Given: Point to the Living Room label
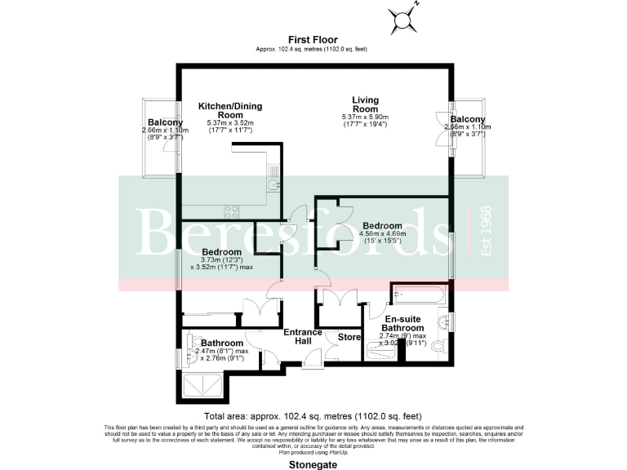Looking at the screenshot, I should tap(365, 104).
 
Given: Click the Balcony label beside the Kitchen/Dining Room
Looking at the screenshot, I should tap(165, 122).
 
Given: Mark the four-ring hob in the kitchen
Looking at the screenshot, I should tap(231, 211).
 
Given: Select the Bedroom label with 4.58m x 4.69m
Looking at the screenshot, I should tap(382, 226).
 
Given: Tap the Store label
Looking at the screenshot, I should tap(349, 336).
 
